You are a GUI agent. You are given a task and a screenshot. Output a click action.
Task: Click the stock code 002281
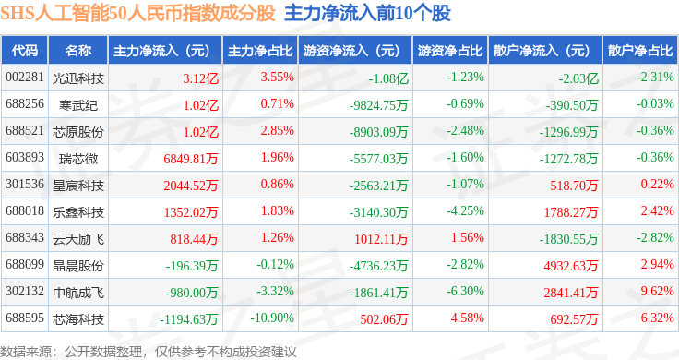point(25,78)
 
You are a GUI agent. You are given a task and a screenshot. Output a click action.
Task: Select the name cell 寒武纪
point(77,105)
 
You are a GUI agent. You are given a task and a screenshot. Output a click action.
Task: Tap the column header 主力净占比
point(260,51)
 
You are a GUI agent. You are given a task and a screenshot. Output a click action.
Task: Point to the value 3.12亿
point(200,78)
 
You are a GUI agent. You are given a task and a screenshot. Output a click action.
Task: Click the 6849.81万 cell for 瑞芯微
point(191,159)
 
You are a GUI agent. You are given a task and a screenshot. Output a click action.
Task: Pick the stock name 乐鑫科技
point(77,211)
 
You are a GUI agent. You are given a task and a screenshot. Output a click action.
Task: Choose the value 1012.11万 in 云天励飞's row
point(381,239)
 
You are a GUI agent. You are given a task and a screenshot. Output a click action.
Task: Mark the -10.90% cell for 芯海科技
point(272,318)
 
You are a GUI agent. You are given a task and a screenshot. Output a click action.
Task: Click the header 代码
point(25,51)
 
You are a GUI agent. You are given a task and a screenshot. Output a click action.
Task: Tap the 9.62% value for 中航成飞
point(658,291)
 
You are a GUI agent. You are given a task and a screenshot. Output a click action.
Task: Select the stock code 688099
point(25,264)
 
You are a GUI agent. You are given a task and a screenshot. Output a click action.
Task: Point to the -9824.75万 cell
point(378,105)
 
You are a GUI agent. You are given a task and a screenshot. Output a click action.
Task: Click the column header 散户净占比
point(640,51)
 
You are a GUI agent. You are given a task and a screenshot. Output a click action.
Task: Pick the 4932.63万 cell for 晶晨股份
point(571,266)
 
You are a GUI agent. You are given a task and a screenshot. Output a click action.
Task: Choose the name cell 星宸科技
point(77,186)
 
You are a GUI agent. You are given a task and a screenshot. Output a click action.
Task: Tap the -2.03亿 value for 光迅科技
point(578,78)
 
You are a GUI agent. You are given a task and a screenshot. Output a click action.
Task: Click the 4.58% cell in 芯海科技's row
point(467,318)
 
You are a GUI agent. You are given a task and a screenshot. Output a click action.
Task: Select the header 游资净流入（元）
point(351,51)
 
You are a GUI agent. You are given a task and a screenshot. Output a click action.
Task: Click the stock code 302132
point(25,291)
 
